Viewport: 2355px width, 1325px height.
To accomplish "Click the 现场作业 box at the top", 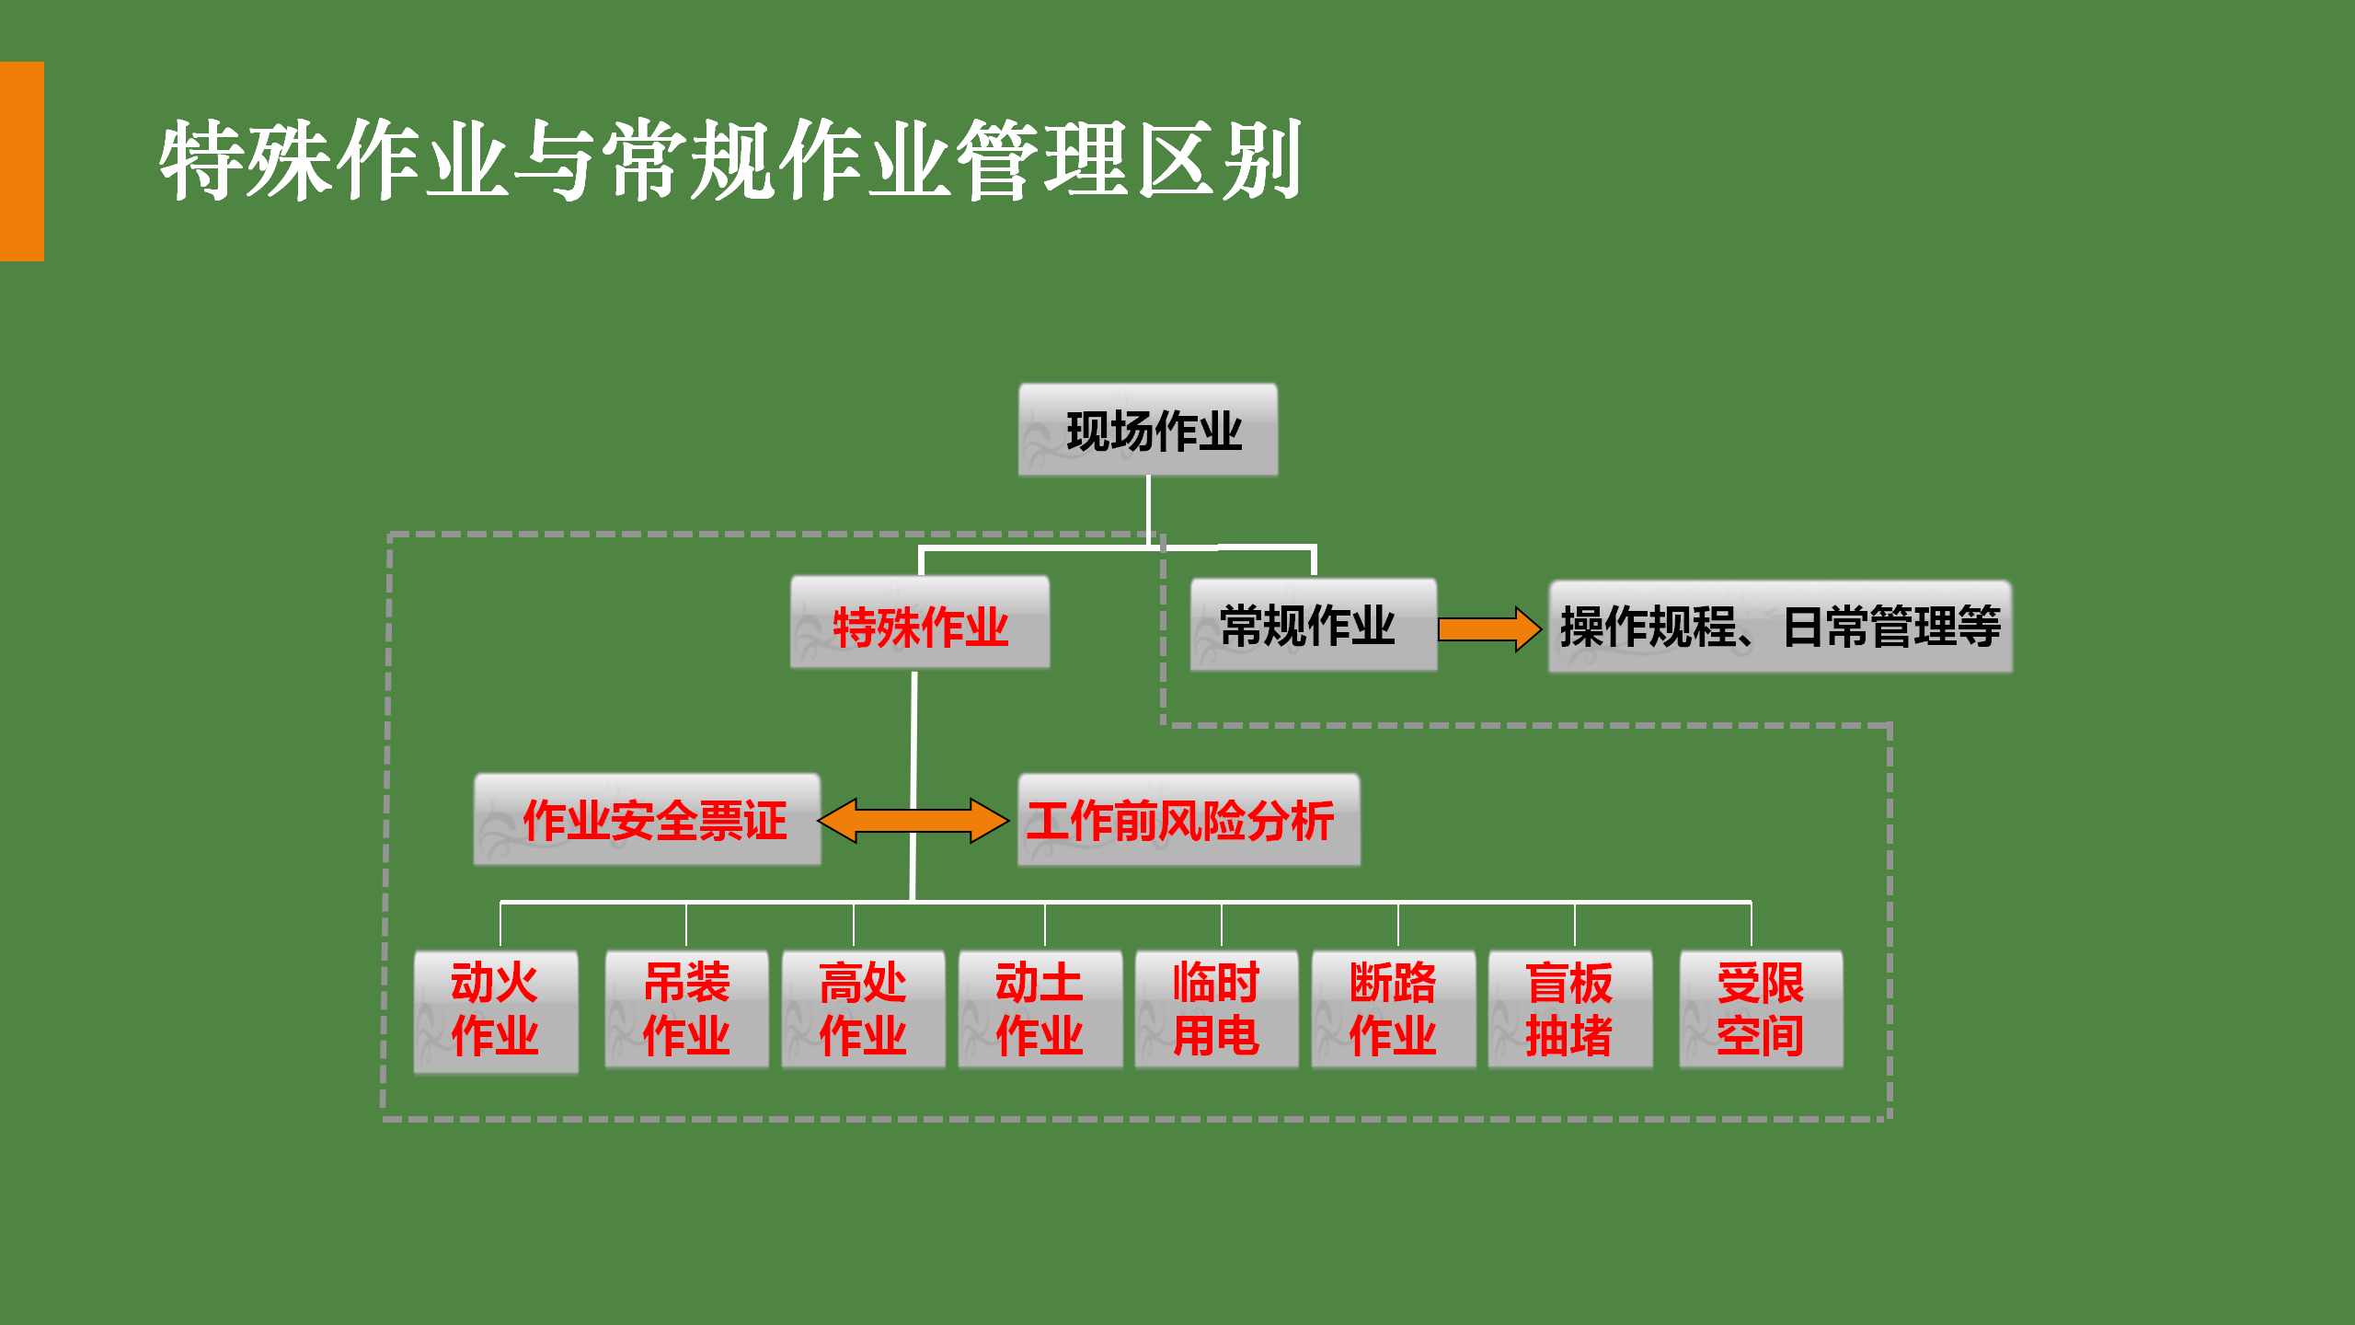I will pos(1148,430).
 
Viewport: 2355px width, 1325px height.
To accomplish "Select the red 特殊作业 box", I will pos(920,623).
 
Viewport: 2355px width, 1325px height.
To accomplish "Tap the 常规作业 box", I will pos(1313,625).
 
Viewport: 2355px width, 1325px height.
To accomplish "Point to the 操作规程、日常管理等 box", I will pos(1780,627).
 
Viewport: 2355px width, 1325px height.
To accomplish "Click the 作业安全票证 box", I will pos(648,820).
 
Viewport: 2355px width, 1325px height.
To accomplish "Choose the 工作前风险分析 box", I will pos(1189,820).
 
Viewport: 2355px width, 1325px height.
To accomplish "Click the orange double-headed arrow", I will pos(913,820).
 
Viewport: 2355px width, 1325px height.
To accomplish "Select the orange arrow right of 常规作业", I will pos(1488,629).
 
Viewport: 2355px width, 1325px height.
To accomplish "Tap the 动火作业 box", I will pos(496,1011).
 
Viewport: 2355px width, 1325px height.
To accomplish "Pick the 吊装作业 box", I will pos(686,1009).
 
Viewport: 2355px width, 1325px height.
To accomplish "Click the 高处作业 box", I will pos(863,1009).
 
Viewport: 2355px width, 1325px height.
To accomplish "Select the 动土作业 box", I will pos(1040,1009).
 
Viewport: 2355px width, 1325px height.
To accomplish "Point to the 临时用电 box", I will pos(1216,1009).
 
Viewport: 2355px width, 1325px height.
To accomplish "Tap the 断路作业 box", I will pos(1393,1009).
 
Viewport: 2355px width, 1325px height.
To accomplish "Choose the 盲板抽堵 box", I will pos(1569,1009).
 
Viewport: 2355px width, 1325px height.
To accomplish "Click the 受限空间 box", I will pos(1761,1009).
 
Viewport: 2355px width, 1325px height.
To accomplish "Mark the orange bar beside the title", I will pos(21,161).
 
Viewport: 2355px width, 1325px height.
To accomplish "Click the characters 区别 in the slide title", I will pos(1218,161).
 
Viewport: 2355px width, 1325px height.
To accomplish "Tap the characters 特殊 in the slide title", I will pos(245,161).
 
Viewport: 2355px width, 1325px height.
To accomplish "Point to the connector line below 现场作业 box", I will pos(1148,511).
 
